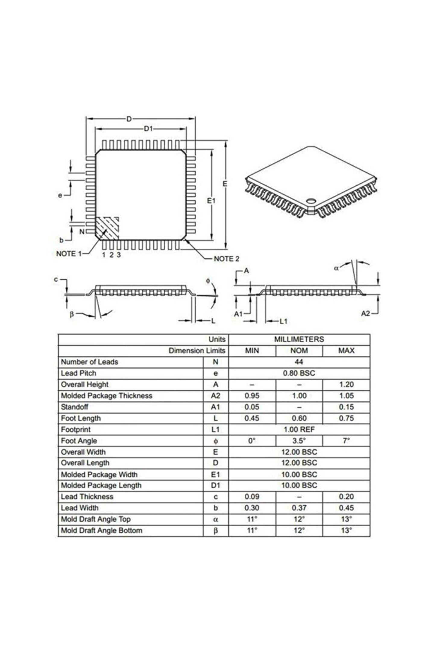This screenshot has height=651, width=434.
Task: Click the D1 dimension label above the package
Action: pos(148,129)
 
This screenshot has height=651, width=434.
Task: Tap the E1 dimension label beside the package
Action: pos(212,201)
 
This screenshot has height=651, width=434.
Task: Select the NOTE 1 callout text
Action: pos(69,254)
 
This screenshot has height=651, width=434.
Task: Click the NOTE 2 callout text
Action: pos(226,259)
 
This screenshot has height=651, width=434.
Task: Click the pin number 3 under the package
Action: pos(119,255)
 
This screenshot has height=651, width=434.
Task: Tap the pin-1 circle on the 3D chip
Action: pos(310,200)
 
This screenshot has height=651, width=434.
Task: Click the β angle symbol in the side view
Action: pos(72,314)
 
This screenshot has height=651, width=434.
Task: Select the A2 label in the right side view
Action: pos(365,314)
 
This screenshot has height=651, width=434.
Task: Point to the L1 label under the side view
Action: pos(283,322)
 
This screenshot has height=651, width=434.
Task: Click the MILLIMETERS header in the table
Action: pos(299,339)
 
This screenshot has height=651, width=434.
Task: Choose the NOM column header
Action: pos(299,351)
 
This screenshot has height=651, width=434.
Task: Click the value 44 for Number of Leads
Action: pos(299,362)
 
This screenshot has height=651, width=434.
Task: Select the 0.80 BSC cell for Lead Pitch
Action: pos(299,373)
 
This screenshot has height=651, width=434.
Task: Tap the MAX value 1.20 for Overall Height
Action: pos(346,385)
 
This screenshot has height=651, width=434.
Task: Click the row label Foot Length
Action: pos(81,418)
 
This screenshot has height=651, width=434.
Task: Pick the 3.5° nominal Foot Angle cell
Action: pos(299,441)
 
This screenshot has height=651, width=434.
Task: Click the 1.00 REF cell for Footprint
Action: pos(299,429)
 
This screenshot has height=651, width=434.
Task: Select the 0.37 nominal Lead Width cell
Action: pos(299,508)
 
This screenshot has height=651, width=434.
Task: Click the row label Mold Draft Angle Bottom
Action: pos(102,531)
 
